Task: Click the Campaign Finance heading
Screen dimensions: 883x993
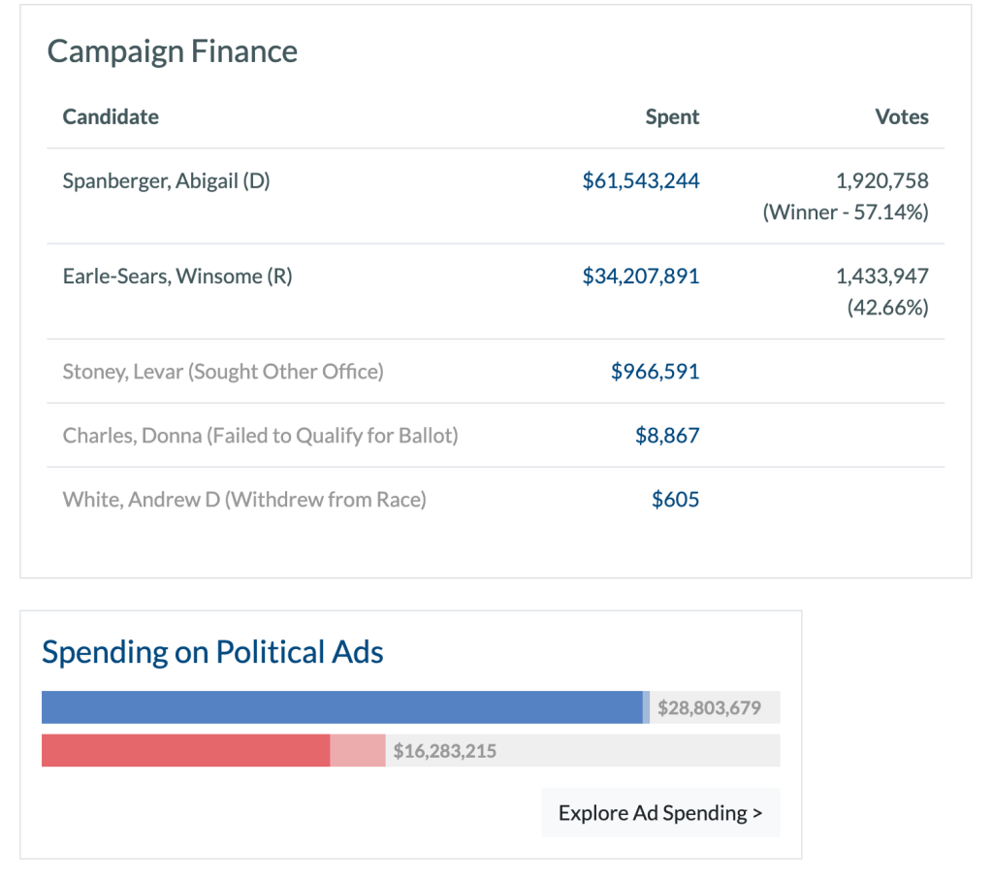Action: [x=173, y=51]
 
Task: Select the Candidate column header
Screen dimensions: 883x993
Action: [x=111, y=116]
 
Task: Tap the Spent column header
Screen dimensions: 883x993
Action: [x=672, y=116]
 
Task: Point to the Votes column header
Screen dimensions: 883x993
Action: [x=902, y=116]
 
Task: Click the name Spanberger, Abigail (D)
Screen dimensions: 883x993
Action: [x=166, y=180]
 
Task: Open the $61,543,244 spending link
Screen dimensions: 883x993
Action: [x=640, y=180]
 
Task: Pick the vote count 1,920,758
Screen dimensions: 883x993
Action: [x=881, y=180]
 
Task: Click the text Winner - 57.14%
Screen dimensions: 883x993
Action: [x=846, y=213]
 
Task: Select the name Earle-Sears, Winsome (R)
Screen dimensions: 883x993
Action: [x=177, y=276]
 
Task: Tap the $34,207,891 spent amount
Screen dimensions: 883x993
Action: [x=640, y=276]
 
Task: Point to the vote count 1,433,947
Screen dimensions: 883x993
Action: [x=881, y=276]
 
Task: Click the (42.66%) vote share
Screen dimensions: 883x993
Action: [x=887, y=308]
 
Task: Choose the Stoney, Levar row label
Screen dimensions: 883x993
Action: [x=223, y=371]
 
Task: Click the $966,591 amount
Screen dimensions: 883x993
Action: [x=655, y=371]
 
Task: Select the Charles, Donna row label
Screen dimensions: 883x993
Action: [x=260, y=435]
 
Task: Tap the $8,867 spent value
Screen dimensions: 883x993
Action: [x=667, y=435]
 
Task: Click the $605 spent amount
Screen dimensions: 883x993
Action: [x=675, y=499]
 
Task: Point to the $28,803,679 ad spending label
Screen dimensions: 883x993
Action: [x=709, y=708]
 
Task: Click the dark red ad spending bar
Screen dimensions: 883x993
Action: [x=185, y=750]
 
